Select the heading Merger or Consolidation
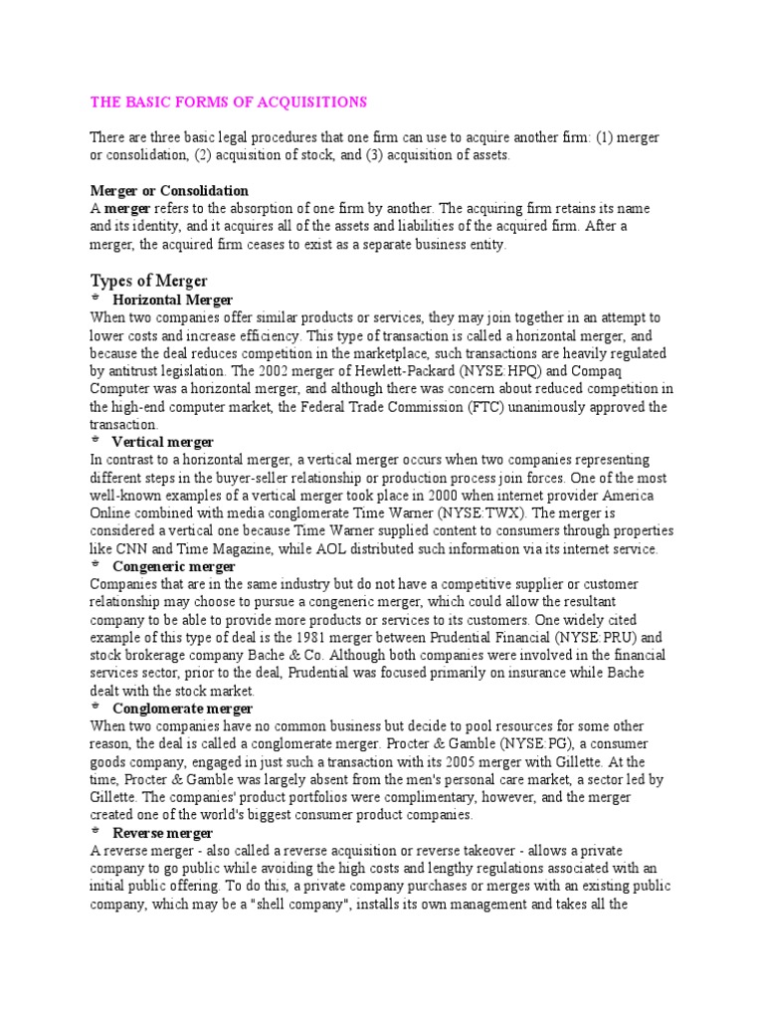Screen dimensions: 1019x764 pos(169,190)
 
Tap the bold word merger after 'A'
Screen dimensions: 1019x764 pos(126,209)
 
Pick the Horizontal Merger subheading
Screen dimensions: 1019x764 pos(173,300)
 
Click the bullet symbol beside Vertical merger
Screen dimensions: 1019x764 pos(95,441)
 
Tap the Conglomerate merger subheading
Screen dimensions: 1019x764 pos(183,709)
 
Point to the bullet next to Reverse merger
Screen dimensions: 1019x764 pos(95,832)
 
